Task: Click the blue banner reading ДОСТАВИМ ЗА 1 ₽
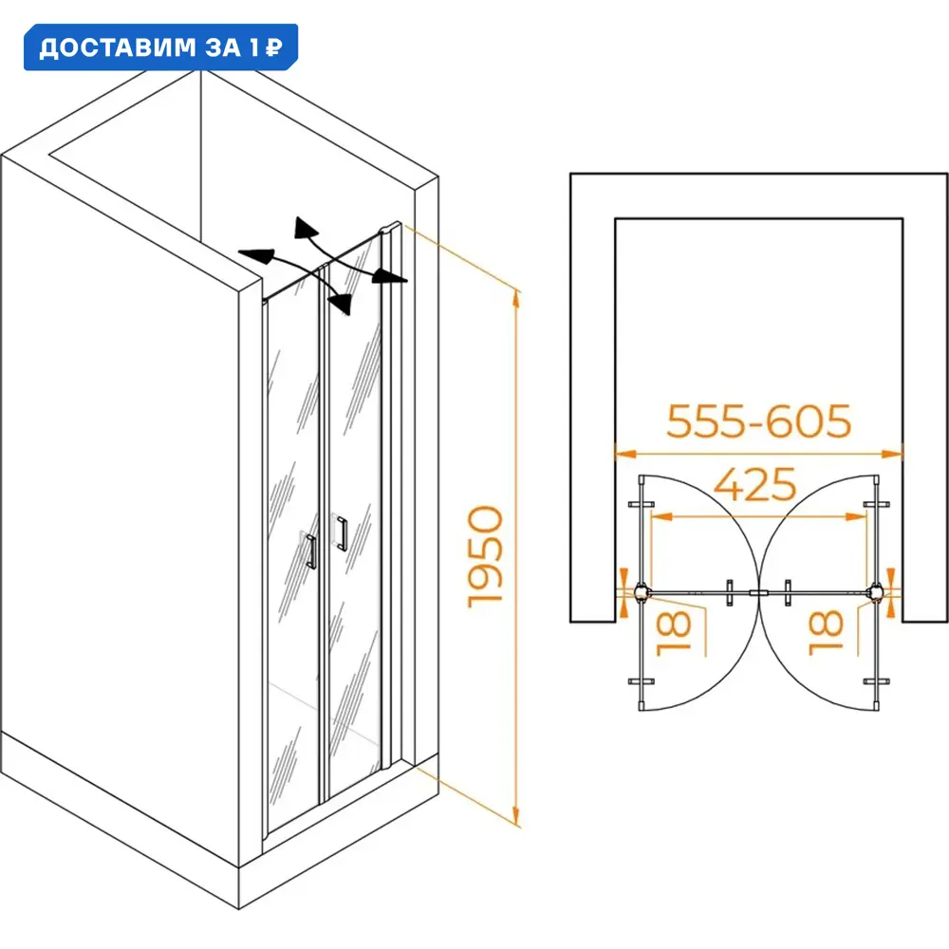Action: (160, 47)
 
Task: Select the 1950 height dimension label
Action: (485, 556)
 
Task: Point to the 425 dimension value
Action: (754, 484)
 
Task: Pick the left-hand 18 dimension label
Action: (674, 633)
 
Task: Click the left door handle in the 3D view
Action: (311, 551)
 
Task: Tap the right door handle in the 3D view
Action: (342, 533)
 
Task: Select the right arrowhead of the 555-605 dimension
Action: (893, 454)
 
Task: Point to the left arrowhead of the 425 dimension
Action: (661, 517)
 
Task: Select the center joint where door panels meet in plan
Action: (758, 593)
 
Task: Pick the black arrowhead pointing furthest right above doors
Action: (389, 276)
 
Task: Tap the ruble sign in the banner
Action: (274, 47)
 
